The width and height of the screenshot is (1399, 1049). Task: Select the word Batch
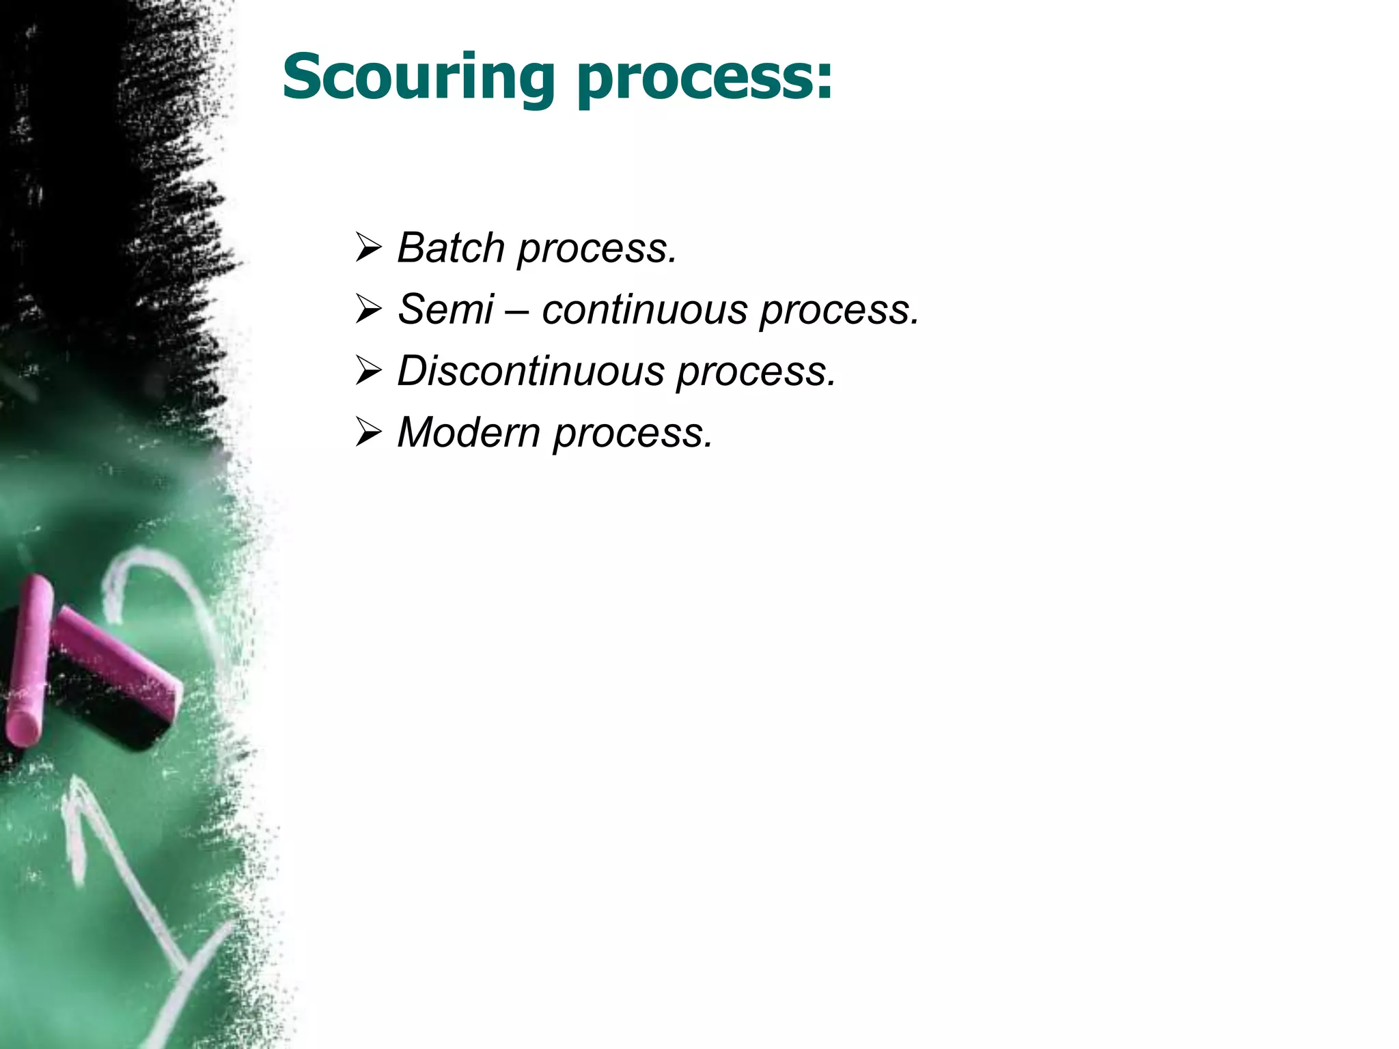pos(451,247)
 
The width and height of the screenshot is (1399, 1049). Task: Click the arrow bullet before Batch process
pos(368,247)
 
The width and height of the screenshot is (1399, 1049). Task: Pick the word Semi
pos(445,309)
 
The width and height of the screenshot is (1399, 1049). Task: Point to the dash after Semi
pos(518,311)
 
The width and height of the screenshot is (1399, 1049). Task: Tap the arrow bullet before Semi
pos(368,309)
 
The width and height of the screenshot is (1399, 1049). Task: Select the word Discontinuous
pos(531,371)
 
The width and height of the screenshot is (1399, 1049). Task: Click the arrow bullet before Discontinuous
pos(368,371)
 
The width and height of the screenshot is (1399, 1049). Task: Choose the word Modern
pos(469,432)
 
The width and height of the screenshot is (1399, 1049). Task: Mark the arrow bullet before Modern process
pos(368,432)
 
